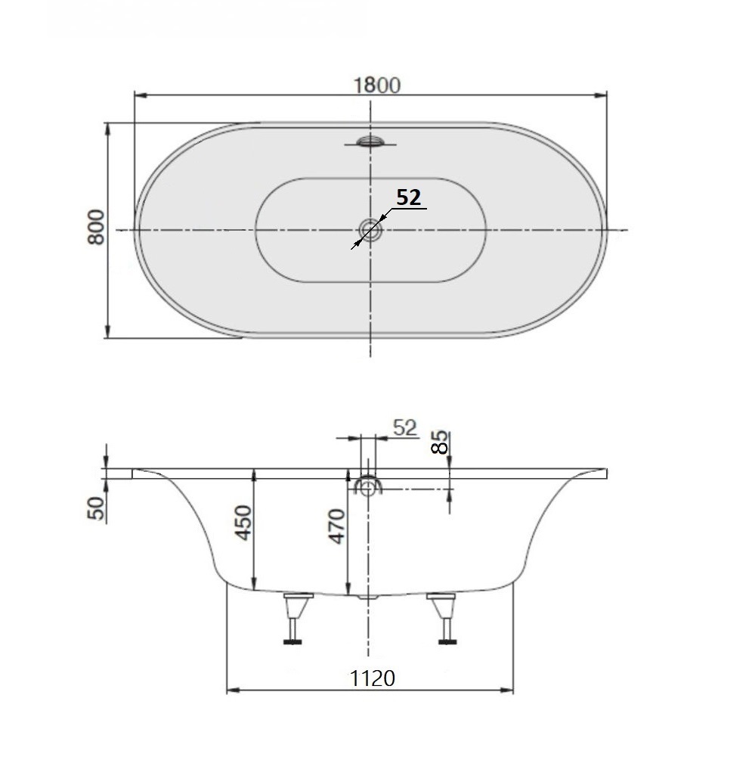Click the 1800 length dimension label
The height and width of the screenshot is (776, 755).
[x=377, y=85]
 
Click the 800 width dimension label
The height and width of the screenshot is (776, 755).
[x=96, y=228]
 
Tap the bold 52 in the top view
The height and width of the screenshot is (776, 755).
[x=408, y=197]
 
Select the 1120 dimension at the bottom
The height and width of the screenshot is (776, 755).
[x=372, y=678]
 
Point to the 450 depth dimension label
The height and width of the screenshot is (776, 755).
[x=243, y=522]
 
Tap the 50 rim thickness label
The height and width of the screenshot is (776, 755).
[x=96, y=508]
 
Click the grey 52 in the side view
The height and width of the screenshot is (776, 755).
[x=405, y=427]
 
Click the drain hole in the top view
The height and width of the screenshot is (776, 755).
[x=370, y=228]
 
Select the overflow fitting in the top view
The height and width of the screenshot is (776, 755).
[x=370, y=141]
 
